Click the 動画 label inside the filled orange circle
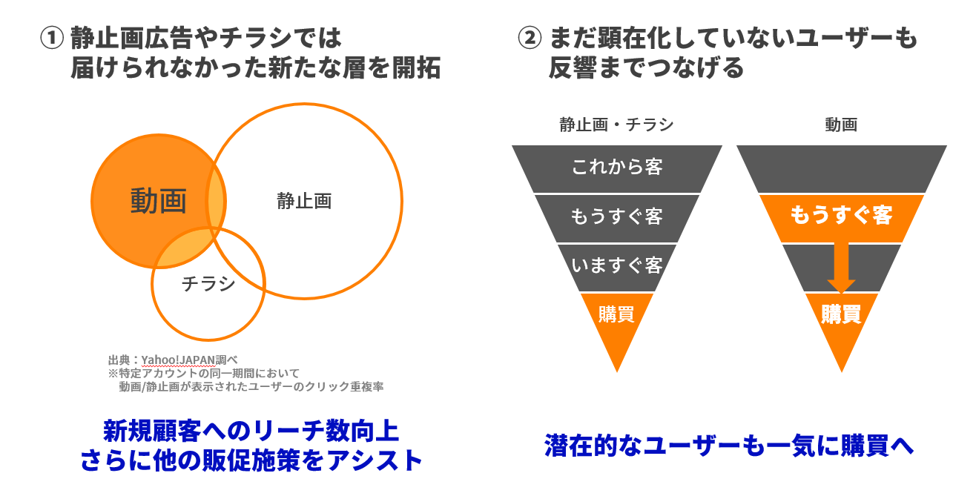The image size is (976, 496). point(158,201)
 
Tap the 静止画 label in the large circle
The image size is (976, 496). point(304,201)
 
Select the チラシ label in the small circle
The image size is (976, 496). point(208,284)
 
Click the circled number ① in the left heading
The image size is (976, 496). point(52,38)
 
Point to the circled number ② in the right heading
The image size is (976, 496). point(530,38)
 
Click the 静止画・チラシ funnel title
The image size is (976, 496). point(616,125)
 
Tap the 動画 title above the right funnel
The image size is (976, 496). point(841,125)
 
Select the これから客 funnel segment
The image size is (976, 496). point(616,167)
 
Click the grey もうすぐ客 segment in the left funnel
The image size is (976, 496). point(616,217)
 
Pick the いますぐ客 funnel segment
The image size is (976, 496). point(616,265)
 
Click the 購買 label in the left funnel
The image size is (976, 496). point(616,314)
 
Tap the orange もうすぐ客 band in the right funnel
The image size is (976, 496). point(841,216)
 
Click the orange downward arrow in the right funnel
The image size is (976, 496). point(841,267)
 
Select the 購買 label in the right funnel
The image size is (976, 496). point(841,314)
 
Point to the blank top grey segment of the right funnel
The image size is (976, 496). point(841,168)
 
